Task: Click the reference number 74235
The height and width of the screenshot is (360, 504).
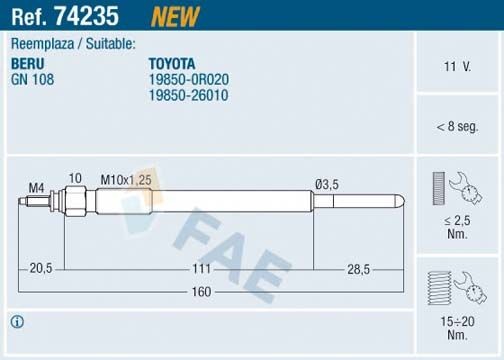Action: coord(96,17)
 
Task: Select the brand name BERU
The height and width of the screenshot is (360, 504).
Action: coord(27,62)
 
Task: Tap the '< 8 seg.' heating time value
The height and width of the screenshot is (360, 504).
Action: coord(457,126)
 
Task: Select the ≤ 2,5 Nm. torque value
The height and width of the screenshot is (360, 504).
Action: coord(457,225)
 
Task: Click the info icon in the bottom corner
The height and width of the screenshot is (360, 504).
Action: coord(18,322)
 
